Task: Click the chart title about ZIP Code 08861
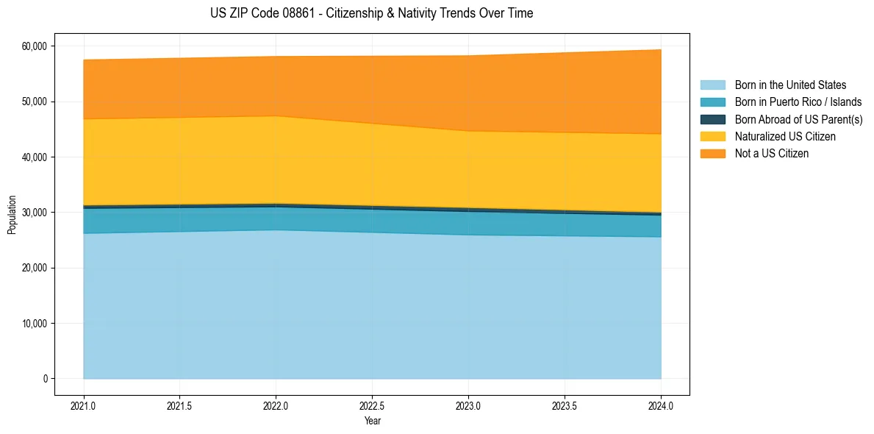[x=371, y=13]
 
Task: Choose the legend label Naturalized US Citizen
[x=785, y=137]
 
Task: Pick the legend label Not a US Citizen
[x=771, y=154]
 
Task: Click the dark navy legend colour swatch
[x=712, y=119]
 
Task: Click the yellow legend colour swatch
[x=712, y=137]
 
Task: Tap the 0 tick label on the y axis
[x=45, y=379]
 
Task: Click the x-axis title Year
[x=373, y=421]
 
